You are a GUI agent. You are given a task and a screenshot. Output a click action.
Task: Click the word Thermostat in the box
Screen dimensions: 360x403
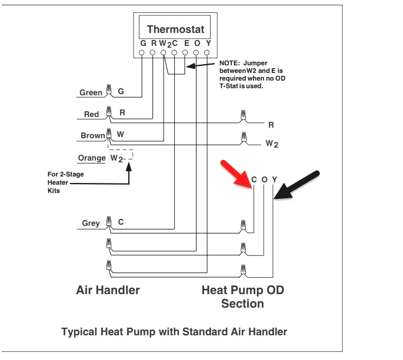coord(175,29)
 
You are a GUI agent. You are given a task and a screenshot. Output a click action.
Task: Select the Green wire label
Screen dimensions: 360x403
coord(91,92)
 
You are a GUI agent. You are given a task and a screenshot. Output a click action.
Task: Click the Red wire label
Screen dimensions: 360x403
coord(91,114)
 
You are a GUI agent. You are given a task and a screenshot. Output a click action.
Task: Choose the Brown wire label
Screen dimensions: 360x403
coord(92,135)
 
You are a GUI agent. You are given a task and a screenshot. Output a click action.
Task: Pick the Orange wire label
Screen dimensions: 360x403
coord(91,158)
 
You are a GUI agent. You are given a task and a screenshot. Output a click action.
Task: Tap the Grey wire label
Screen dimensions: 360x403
coord(91,223)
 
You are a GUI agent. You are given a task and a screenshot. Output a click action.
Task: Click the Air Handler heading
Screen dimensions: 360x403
coord(108,289)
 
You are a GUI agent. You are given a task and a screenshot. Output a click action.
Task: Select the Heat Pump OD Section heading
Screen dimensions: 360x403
coord(242,296)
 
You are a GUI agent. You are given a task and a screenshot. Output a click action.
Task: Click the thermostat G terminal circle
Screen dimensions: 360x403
coord(142,53)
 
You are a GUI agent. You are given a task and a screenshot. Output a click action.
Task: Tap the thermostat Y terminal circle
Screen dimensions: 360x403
coord(207,53)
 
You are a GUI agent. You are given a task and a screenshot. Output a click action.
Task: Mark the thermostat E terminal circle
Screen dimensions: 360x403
coord(185,53)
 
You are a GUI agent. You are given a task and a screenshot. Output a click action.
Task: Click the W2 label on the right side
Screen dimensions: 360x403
coord(271,143)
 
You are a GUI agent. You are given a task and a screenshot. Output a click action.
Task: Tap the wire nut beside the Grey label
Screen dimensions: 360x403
coord(108,222)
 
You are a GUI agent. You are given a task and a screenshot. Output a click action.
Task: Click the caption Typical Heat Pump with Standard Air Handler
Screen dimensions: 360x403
coord(174,332)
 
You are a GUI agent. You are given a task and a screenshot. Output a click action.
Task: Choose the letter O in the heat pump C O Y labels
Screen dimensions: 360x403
coord(264,179)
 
